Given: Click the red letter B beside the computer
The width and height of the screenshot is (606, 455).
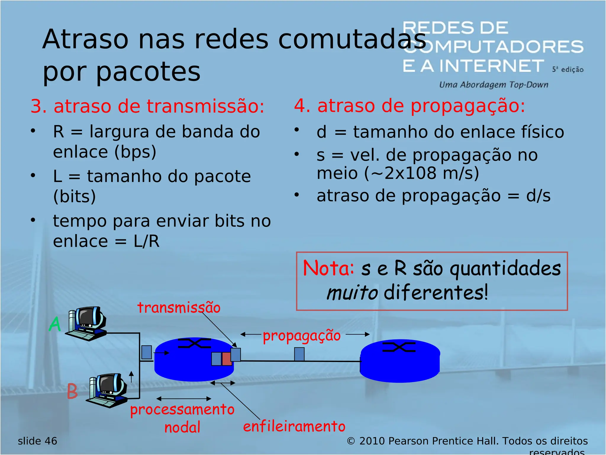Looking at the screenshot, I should coord(72,391).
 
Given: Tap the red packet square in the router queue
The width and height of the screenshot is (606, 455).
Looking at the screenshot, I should coord(226,359).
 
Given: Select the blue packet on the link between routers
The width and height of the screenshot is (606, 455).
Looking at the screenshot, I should coord(299,354).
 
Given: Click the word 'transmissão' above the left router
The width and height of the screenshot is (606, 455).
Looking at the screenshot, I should coord(179,307).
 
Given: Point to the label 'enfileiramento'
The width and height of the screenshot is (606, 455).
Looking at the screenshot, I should coord(294,427).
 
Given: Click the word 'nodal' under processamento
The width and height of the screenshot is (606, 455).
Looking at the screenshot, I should coord(182,427).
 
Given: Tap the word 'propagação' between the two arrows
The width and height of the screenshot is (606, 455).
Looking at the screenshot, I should coord(302,336).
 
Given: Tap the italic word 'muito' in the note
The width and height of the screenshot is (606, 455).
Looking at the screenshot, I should coord(352,293).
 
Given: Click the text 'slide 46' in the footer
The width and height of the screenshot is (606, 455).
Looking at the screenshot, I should coord(37,441).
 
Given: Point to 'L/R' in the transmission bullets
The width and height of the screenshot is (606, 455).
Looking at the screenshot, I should coord(146,241).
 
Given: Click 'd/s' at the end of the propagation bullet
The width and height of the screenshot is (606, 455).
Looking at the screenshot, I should coord(538,196).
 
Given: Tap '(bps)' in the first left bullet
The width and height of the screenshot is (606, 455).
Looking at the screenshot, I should coord(135,152).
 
